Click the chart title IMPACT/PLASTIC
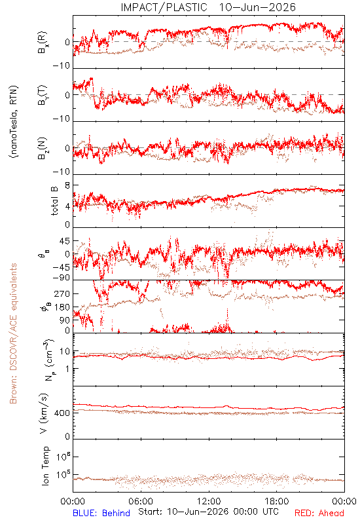(164, 7)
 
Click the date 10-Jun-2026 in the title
(257, 7)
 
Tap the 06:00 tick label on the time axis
(141, 501)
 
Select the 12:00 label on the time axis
(209, 501)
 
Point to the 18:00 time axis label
(276, 501)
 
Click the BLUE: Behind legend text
(101, 513)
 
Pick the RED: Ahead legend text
(319, 513)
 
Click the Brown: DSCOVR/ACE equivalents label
(12, 333)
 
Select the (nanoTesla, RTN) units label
(14, 122)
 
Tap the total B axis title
(54, 201)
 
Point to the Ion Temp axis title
(45, 466)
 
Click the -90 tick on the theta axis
(62, 278)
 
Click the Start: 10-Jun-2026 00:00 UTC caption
(208, 512)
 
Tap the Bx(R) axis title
(43, 43)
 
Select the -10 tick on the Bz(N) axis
(62, 172)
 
